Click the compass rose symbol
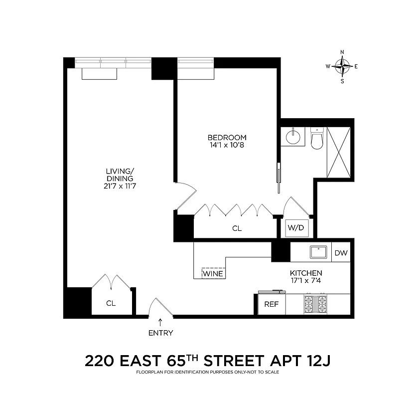[x=342, y=66]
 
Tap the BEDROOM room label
[x=227, y=138]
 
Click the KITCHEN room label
[x=306, y=273]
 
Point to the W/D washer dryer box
[x=295, y=228]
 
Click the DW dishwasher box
[x=341, y=253]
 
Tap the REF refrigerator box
[x=271, y=304]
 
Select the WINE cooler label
[x=213, y=274]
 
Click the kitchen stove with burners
[x=315, y=304]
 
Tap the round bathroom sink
[x=291, y=137]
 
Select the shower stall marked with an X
[x=339, y=153]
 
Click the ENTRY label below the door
[x=160, y=333]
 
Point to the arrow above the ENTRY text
[x=160, y=322]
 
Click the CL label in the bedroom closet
[x=237, y=228]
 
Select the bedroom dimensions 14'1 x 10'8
[x=227, y=146]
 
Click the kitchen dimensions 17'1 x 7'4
[x=306, y=281]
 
